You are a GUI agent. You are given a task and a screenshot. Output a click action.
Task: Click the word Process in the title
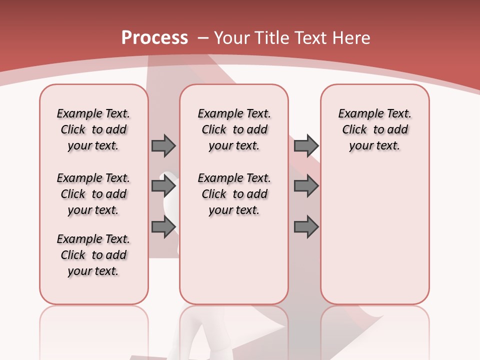coord(154,38)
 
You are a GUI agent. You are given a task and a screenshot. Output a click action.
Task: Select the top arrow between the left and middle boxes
coord(163,145)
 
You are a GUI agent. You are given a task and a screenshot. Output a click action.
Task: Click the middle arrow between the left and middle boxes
coord(163,186)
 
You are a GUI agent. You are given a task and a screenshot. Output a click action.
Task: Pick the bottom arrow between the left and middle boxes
coord(163,227)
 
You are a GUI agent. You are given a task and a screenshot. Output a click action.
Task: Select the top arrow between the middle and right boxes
coord(306,145)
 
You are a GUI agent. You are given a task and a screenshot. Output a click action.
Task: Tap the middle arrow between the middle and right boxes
coord(306,186)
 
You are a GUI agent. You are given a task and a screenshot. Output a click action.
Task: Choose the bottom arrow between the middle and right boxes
coord(306,227)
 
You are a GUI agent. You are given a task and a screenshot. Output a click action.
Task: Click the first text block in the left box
coord(93,129)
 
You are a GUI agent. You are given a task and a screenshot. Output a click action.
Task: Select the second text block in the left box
coord(93,194)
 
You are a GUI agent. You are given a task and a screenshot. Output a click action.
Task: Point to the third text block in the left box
coord(93,255)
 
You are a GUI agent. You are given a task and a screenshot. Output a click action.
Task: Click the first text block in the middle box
coord(234,129)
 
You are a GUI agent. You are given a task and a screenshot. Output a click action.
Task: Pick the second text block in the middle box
coord(234,194)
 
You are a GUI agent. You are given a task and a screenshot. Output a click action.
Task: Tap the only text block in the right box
coord(374,129)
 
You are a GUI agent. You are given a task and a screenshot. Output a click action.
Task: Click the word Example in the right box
coord(356,113)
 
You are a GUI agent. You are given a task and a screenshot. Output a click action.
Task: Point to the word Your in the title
coord(232,38)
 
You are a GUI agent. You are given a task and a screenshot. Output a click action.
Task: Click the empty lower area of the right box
coord(374,235)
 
